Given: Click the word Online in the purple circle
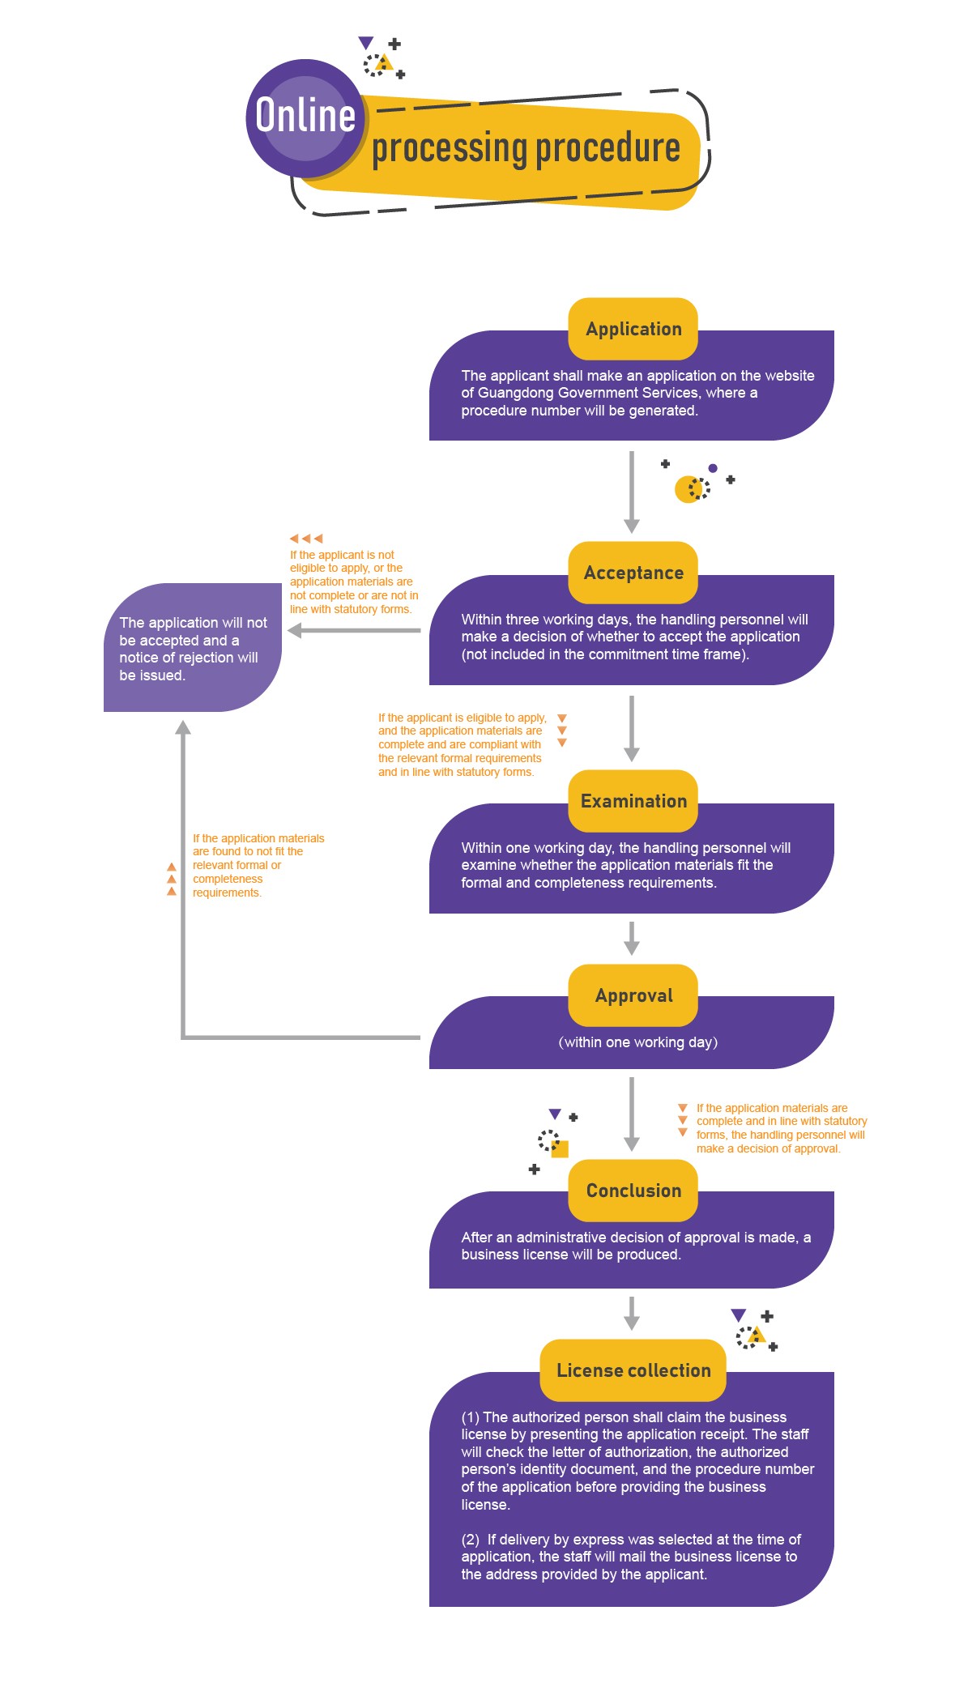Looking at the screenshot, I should (x=305, y=115).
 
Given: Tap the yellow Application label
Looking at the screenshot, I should (x=633, y=329).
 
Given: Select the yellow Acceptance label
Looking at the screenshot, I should (x=633, y=573).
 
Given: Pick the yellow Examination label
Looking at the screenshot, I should (x=633, y=801).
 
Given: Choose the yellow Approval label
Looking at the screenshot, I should (x=633, y=995).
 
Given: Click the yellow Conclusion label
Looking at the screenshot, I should (x=633, y=1191).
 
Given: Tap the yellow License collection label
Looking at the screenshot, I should (x=633, y=1370).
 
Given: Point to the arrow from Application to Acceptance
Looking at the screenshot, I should (x=632, y=491).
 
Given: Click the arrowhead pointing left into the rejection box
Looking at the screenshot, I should (x=295, y=630).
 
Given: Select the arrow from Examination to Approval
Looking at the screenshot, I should (x=632, y=938).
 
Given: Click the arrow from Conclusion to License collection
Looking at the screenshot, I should (x=632, y=1313).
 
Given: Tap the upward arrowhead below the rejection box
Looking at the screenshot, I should (x=184, y=727).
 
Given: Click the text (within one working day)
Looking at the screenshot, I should (x=638, y=1042).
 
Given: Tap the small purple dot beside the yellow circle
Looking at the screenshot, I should (x=713, y=468).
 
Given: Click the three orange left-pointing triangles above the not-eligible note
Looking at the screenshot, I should (x=306, y=538).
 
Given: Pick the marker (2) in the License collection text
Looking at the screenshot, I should (x=471, y=1540).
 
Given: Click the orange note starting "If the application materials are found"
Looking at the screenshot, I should (x=258, y=865).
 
